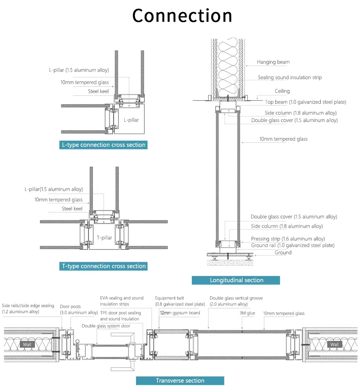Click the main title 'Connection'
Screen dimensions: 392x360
[182, 16]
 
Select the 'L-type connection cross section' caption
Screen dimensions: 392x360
[104, 145]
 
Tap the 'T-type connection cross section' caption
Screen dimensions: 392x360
[104, 266]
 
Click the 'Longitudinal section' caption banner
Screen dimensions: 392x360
[236, 280]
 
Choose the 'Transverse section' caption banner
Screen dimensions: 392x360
[180, 380]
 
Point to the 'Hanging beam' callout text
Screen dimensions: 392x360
[273, 62]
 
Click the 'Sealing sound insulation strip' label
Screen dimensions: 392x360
[289, 77]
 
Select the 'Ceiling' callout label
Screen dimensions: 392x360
[282, 91]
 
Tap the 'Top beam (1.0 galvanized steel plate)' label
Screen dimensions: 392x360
[305, 102]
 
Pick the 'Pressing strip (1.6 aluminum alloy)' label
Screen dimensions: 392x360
[288, 239]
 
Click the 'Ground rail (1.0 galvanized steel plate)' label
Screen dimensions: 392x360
[292, 245]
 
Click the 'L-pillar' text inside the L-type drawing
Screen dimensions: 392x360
[131, 120]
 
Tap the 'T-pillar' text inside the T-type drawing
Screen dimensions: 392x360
[104, 238]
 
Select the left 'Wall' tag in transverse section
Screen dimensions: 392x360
[27, 344]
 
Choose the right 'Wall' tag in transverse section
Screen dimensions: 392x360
[334, 344]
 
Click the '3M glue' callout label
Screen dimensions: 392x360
[247, 313]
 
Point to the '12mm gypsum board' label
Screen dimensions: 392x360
[180, 313]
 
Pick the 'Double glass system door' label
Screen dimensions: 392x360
[106, 326]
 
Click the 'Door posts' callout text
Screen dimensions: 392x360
[70, 307]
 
